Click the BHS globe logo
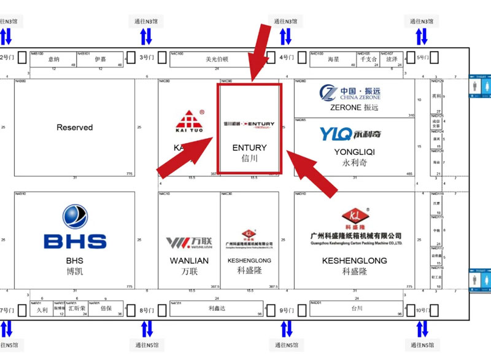point(75,217)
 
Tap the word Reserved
point(75,128)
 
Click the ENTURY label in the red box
point(250,147)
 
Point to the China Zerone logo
point(350,93)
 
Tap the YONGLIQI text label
point(354,152)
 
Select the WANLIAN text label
point(189,260)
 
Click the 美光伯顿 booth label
point(217,60)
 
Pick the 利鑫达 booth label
point(218,308)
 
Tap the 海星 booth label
point(333,60)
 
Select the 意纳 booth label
point(54,60)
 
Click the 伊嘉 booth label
point(101,60)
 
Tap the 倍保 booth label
point(106,309)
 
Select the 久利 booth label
point(42,310)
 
